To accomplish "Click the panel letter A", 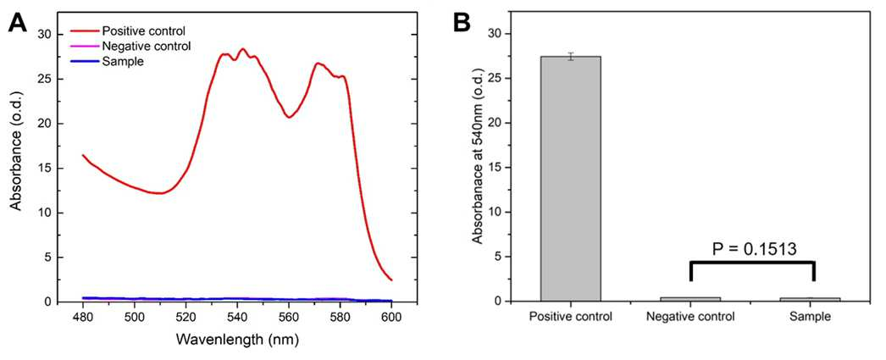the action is pyautogui.click(x=19, y=24).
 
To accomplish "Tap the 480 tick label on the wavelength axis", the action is pyautogui.click(x=83, y=317).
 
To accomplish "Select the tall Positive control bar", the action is pyautogui.click(x=571, y=179).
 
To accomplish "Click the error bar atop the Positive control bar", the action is pyautogui.click(x=571, y=56).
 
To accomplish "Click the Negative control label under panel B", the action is pyautogui.click(x=690, y=317).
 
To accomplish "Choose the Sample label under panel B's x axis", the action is pyautogui.click(x=811, y=317).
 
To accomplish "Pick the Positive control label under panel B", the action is pyautogui.click(x=571, y=317).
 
